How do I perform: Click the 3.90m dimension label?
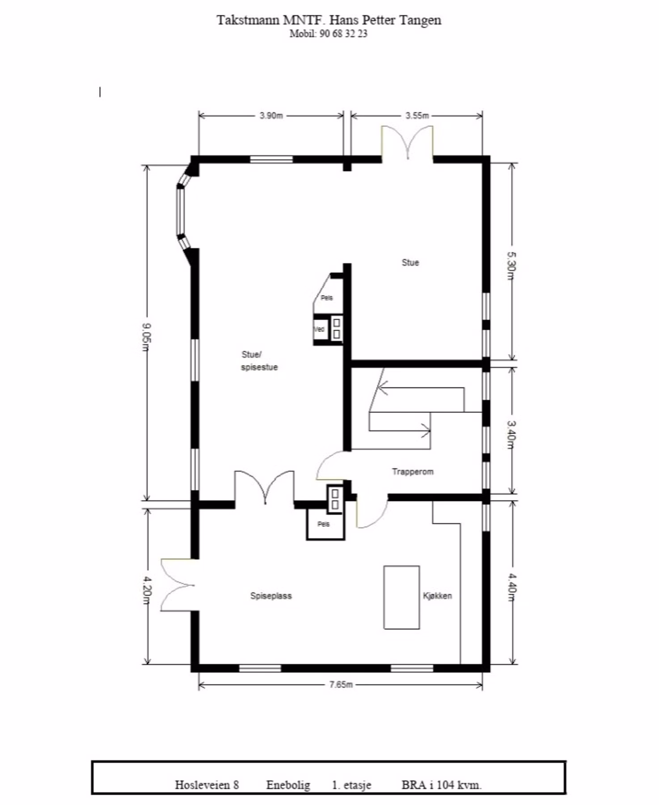click(271, 115)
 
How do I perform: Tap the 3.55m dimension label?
click(417, 115)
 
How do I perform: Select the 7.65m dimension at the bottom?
click(341, 684)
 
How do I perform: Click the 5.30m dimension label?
click(511, 266)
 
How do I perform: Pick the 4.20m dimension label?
click(147, 590)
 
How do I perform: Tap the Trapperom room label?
click(413, 471)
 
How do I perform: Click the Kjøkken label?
click(437, 596)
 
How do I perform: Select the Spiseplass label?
click(271, 596)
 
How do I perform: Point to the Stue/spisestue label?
click(259, 361)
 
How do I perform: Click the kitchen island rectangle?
click(401, 597)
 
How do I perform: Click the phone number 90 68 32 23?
click(343, 34)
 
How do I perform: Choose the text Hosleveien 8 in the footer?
click(207, 785)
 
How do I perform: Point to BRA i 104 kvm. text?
click(442, 785)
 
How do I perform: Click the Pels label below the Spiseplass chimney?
click(323, 524)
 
